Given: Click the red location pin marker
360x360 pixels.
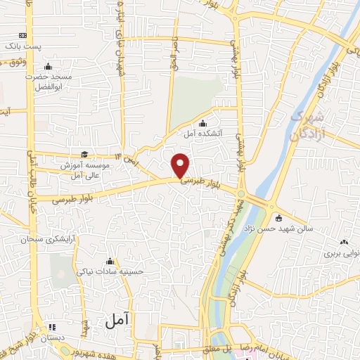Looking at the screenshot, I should pos(181,165).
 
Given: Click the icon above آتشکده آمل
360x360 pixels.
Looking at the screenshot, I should pos(203,123).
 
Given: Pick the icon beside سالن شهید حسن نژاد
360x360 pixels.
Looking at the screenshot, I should pos(279,217).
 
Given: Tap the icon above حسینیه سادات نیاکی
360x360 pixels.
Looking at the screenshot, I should pos(108,261).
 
